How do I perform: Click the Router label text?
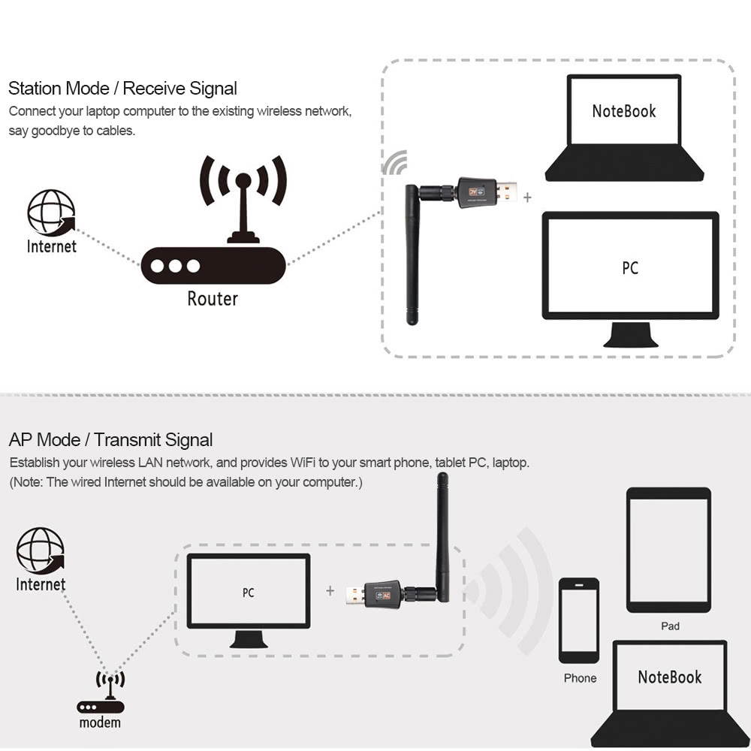tap(213, 298)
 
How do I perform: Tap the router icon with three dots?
tap(214, 265)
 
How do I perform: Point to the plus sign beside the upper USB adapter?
tap(527, 197)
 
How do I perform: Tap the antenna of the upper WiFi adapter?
tap(412, 255)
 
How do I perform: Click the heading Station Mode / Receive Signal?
tap(122, 89)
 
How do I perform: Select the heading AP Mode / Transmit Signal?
tap(110, 440)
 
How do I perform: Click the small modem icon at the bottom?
tap(110, 694)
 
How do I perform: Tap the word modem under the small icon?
tap(100, 722)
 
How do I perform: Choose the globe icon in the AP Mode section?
tap(41, 550)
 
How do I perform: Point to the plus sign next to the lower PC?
tap(330, 591)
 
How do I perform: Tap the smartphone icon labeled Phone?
tap(579, 620)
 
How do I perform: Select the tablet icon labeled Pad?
tap(668, 550)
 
